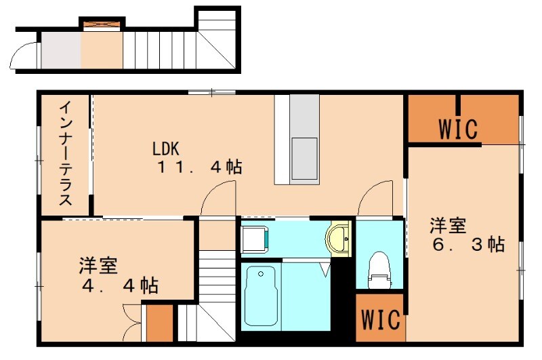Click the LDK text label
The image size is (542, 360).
point(165,148)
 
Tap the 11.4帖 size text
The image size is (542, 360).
point(200,167)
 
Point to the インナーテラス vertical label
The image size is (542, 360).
point(66,154)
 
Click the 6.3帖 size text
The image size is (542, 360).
point(467,244)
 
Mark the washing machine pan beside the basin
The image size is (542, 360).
point(255,238)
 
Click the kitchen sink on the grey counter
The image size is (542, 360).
point(304,159)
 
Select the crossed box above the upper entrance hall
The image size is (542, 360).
point(101,24)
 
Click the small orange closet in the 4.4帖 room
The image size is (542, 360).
point(159,324)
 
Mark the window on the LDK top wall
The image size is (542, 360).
point(211,92)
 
